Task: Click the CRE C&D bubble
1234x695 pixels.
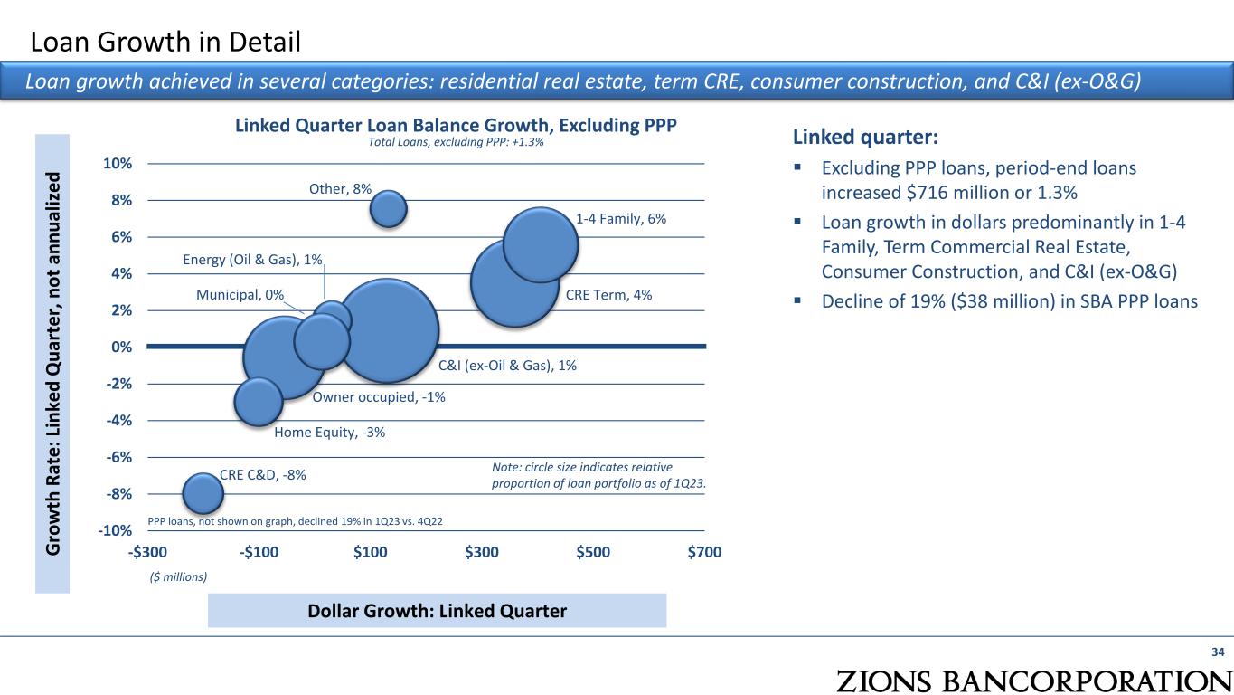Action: [203, 493]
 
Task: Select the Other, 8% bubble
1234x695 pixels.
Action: [390, 208]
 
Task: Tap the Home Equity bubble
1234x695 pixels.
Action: [259, 401]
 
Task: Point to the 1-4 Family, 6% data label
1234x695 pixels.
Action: [621, 219]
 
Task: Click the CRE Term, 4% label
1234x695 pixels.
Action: [608, 295]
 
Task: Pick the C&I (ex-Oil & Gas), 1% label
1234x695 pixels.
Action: [507, 366]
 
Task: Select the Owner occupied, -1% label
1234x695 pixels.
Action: [379, 397]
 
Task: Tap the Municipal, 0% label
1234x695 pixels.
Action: [240, 295]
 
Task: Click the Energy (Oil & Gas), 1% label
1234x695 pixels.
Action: [253, 261]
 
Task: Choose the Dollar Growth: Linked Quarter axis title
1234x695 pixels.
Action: [437, 611]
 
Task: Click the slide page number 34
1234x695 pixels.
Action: [1218, 652]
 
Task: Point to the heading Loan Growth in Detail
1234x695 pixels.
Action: [165, 41]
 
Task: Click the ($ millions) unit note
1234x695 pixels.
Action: [178, 576]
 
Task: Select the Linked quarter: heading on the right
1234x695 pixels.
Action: [865, 138]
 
